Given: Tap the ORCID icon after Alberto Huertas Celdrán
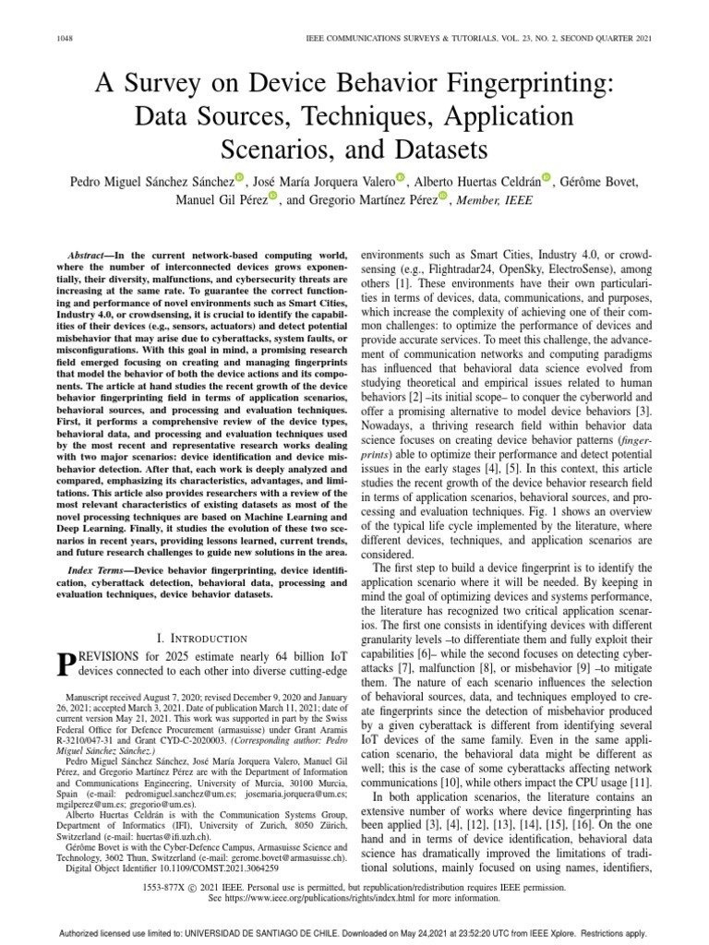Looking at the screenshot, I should pyautogui.click(x=547, y=178).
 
